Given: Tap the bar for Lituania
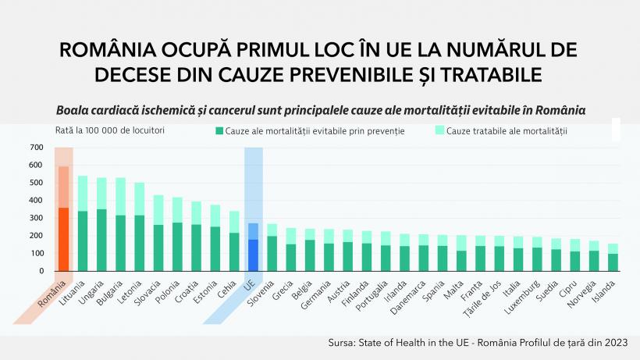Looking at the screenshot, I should [83, 230].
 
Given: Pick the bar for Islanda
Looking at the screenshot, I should [613, 259].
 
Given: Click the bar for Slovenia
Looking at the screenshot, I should [272, 250].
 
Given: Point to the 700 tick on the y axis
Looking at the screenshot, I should [37, 148].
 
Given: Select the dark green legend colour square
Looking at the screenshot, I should [219, 131].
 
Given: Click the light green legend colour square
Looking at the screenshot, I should [439, 131].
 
